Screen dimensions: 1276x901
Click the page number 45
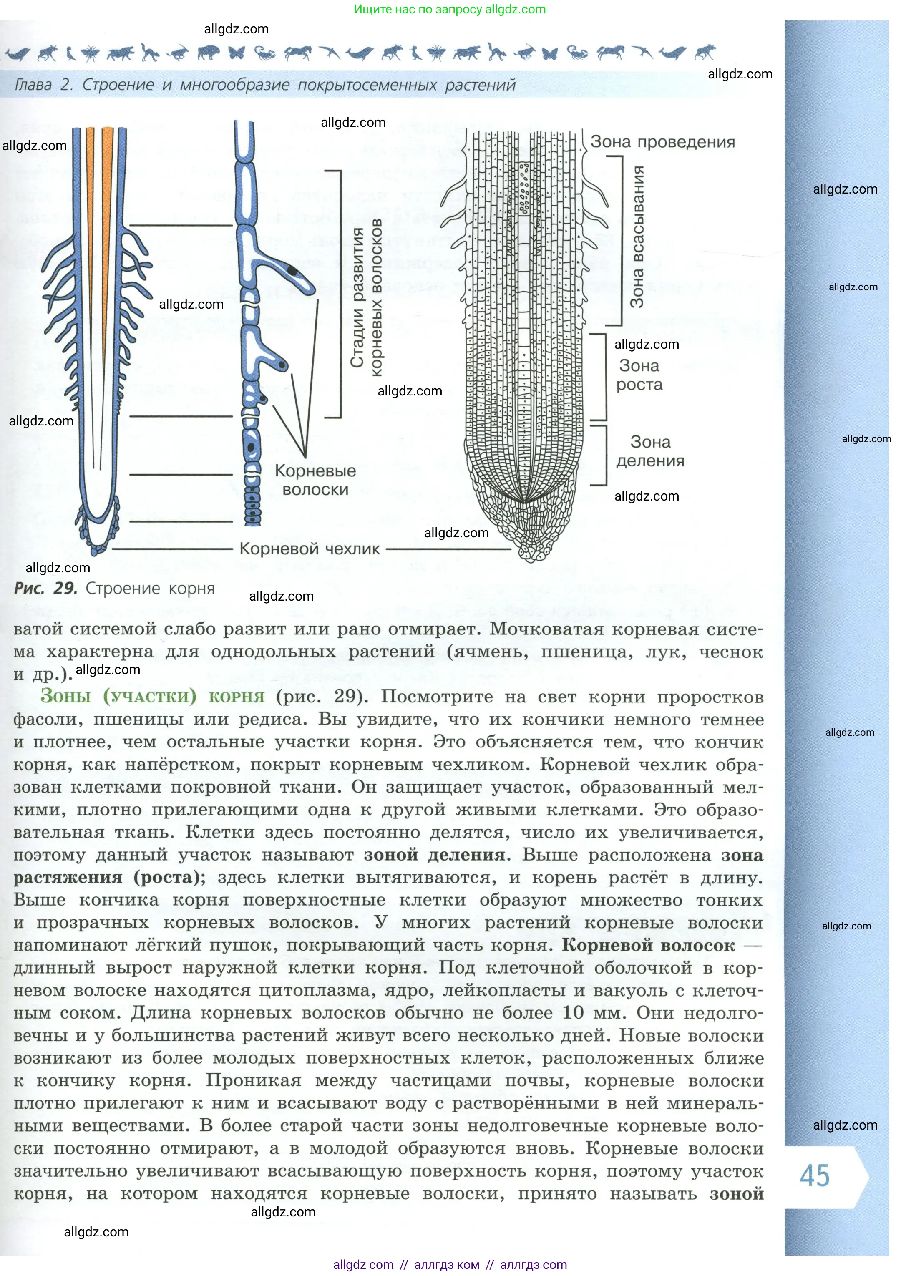(814, 1175)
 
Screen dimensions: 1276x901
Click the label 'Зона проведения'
(662, 142)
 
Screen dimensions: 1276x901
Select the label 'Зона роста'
(639, 375)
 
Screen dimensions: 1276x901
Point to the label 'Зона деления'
(650, 451)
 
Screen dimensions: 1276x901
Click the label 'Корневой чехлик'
(310, 549)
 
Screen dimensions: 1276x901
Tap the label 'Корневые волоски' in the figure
(315, 480)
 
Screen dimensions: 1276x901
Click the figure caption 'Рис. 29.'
(45, 589)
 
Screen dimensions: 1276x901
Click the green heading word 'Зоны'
(65, 696)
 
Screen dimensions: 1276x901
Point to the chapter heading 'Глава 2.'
(43, 85)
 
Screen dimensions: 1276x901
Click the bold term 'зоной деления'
(435, 855)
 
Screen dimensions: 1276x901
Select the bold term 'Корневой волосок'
(648, 945)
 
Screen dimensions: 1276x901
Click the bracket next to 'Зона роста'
(602, 377)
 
